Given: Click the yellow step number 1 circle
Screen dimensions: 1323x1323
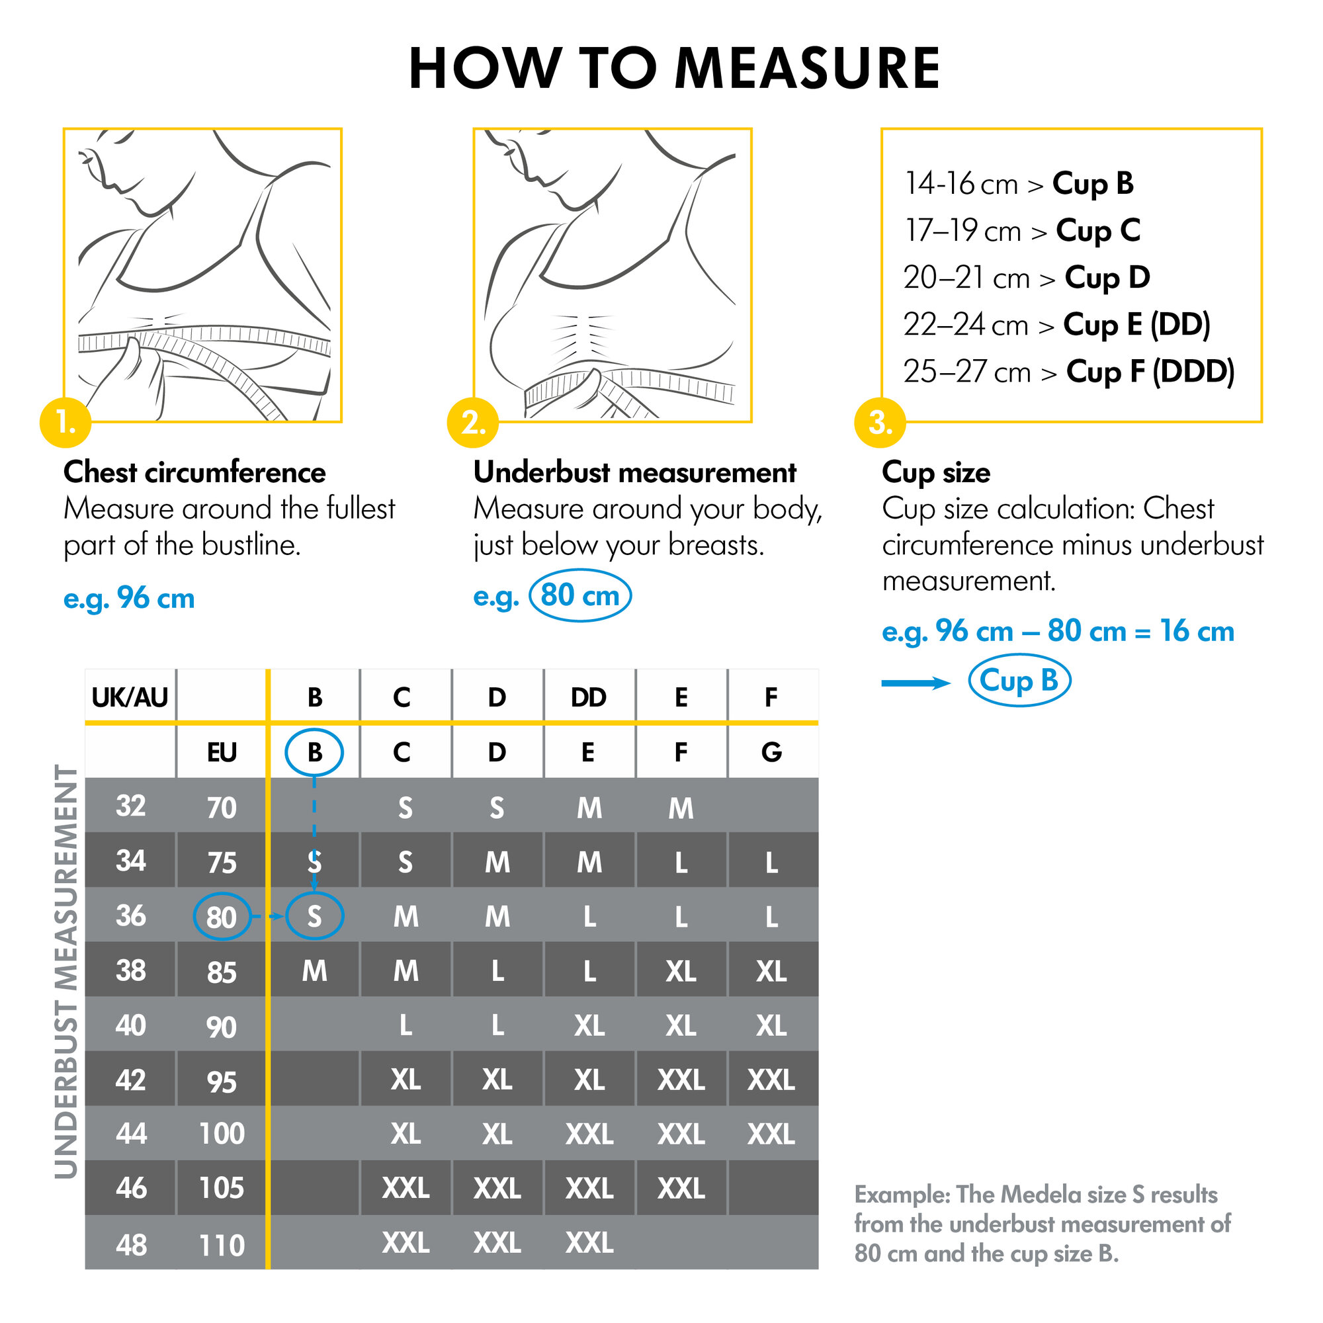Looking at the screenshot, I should (x=65, y=423).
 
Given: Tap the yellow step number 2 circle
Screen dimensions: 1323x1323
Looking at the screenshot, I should (x=472, y=423).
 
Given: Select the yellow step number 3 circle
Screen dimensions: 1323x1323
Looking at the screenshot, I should (x=880, y=423).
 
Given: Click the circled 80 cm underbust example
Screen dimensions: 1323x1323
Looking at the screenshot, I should (x=580, y=595).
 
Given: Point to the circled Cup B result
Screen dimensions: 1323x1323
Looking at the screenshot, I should (x=1019, y=681).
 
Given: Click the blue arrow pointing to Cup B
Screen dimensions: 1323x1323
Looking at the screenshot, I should (x=915, y=683).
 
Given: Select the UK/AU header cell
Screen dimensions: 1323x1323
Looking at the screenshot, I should (x=130, y=697).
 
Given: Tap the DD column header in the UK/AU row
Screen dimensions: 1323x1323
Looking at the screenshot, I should (x=588, y=697).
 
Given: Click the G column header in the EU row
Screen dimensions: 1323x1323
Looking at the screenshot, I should (x=771, y=752).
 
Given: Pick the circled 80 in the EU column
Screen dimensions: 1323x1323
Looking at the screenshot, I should (x=221, y=916).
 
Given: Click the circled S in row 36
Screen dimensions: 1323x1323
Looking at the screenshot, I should (x=314, y=916).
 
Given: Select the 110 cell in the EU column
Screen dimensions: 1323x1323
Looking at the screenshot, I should (x=221, y=1244).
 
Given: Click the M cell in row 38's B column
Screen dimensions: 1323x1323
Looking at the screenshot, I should (x=314, y=971).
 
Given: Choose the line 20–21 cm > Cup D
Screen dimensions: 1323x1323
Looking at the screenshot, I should (x=1026, y=278).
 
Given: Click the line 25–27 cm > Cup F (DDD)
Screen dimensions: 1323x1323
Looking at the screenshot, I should (x=1068, y=372).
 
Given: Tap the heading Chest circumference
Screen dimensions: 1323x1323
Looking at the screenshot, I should (x=194, y=472).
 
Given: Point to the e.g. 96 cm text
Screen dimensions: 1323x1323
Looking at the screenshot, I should (x=129, y=598).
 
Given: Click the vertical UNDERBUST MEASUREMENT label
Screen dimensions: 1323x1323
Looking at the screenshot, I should (x=66, y=972).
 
